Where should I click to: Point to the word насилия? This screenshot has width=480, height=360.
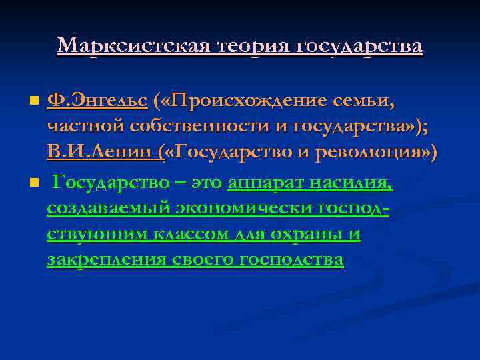(355, 183)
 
